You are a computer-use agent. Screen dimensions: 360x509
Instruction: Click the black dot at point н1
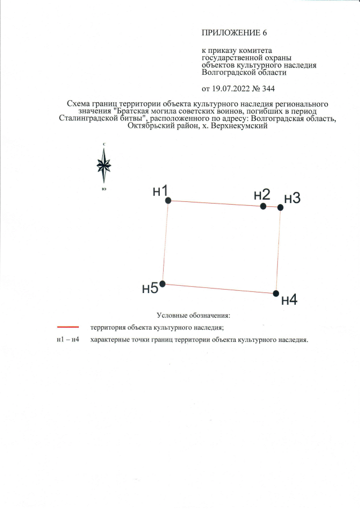168,201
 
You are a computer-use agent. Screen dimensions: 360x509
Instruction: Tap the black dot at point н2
263,206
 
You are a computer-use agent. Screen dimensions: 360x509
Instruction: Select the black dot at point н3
281,208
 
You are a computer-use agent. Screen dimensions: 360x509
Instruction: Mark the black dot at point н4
276,294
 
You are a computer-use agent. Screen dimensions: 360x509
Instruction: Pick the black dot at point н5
163,284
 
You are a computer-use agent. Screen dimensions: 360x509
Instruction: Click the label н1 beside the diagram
160,191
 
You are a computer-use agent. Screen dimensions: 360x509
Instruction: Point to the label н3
292,198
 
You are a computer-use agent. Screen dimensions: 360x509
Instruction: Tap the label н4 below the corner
289,300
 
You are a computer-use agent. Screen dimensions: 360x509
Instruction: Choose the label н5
150,288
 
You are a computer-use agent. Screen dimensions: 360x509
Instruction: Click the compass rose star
104,165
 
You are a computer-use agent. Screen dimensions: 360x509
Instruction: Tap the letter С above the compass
104,144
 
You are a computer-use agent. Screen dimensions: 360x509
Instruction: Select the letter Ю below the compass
104,189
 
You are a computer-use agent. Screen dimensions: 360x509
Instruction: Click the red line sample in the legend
68,327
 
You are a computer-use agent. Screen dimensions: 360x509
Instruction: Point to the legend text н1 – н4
68,340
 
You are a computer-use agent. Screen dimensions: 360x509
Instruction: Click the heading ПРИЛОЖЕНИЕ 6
234,33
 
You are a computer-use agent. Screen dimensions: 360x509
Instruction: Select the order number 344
268,89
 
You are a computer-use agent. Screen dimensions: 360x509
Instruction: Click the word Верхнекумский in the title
239,125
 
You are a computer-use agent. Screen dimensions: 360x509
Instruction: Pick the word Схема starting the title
79,104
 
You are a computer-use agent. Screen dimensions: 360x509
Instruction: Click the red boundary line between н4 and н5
219,289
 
